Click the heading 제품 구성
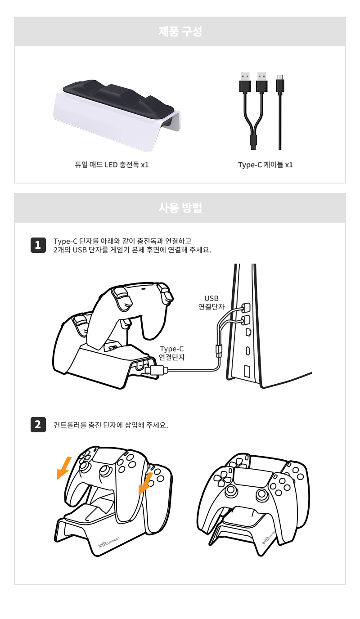(x=180, y=31)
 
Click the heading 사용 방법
(x=180, y=207)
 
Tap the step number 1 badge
(x=38, y=245)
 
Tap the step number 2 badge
(x=38, y=425)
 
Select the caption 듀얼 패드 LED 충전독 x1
(x=112, y=165)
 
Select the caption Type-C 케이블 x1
(x=265, y=165)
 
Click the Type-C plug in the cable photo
(x=280, y=84)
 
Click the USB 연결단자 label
(x=211, y=303)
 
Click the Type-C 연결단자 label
(x=172, y=353)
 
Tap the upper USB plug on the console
(x=245, y=307)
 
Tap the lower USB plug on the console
(x=245, y=321)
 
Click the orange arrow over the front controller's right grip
(x=145, y=483)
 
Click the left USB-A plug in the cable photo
(x=245, y=82)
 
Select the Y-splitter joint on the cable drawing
(x=218, y=351)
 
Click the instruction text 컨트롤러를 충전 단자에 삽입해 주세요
(x=111, y=425)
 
